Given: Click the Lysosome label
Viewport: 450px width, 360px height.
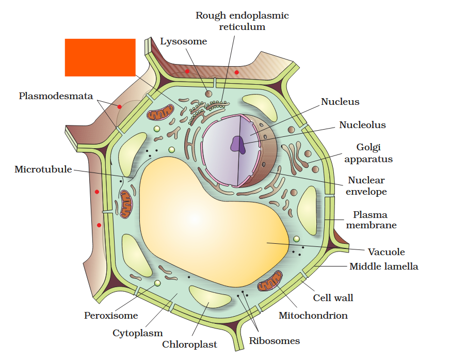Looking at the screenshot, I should [183, 42].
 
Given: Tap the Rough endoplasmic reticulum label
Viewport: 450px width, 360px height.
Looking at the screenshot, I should [242, 21].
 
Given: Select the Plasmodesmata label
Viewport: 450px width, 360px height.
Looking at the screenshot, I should [56, 96].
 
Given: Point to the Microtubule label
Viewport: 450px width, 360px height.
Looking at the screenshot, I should [43, 169].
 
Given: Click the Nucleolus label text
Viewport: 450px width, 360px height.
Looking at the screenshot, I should [362, 125].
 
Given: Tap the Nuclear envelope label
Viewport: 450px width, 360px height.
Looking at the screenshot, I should [366, 186].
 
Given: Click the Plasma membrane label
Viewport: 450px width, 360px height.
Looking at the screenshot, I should [371, 220].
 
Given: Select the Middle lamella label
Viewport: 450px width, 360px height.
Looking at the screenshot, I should [383, 267].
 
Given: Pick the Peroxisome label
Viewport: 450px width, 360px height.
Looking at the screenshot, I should [111, 315].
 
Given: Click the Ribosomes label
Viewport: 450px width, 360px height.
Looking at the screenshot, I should [274, 340].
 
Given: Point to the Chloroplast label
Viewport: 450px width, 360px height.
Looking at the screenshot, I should [189, 344].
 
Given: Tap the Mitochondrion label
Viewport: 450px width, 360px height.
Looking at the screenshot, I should [313, 315].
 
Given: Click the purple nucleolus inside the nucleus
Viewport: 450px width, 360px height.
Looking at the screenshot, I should [238, 144].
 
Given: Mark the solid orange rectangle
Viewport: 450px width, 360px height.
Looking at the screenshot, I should [100, 57].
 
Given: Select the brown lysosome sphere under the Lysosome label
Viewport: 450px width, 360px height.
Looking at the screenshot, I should [208, 93].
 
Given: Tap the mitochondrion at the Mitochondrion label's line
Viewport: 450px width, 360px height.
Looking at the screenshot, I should [270, 281].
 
